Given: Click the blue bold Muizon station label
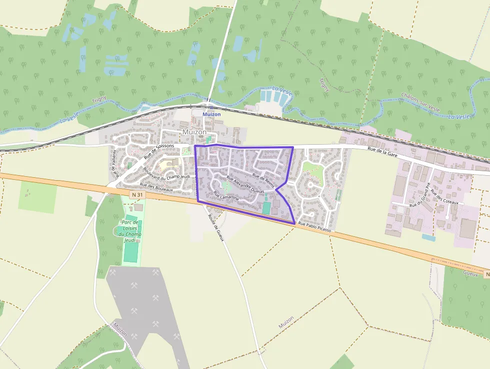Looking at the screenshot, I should click(x=211, y=114).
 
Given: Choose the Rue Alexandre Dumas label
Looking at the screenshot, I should click(x=245, y=185).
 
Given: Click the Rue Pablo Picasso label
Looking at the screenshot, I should click(x=314, y=226).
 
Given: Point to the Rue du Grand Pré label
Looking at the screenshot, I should click(x=420, y=195).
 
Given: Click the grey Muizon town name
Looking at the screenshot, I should click(x=194, y=132).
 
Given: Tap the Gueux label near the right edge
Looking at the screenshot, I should click(x=470, y=274).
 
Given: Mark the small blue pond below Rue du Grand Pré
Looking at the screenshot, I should click(x=428, y=237).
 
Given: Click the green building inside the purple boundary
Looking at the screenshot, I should click(x=266, y=208).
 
